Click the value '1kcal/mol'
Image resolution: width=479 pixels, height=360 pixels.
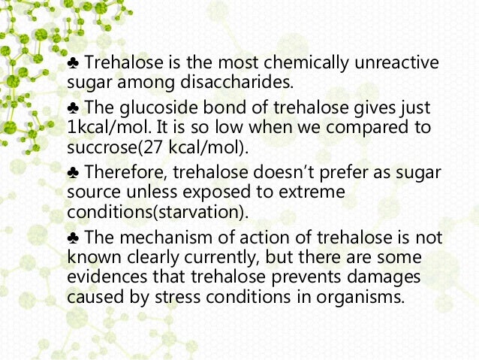(102, 128)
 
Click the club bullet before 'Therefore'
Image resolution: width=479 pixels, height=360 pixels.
(73, 174)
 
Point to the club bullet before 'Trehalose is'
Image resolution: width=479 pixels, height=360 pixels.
(73, 62)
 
